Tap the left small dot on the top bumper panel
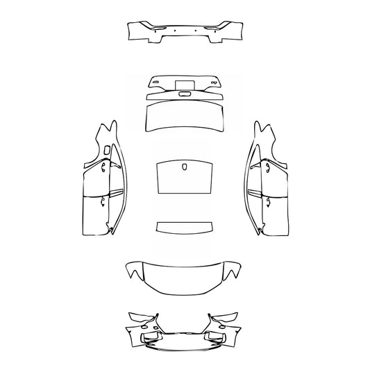point(175,30)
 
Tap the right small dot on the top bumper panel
point(196,30)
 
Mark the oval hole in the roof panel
point(185,167)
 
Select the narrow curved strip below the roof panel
point(184,228)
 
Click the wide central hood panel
point(184,276)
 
